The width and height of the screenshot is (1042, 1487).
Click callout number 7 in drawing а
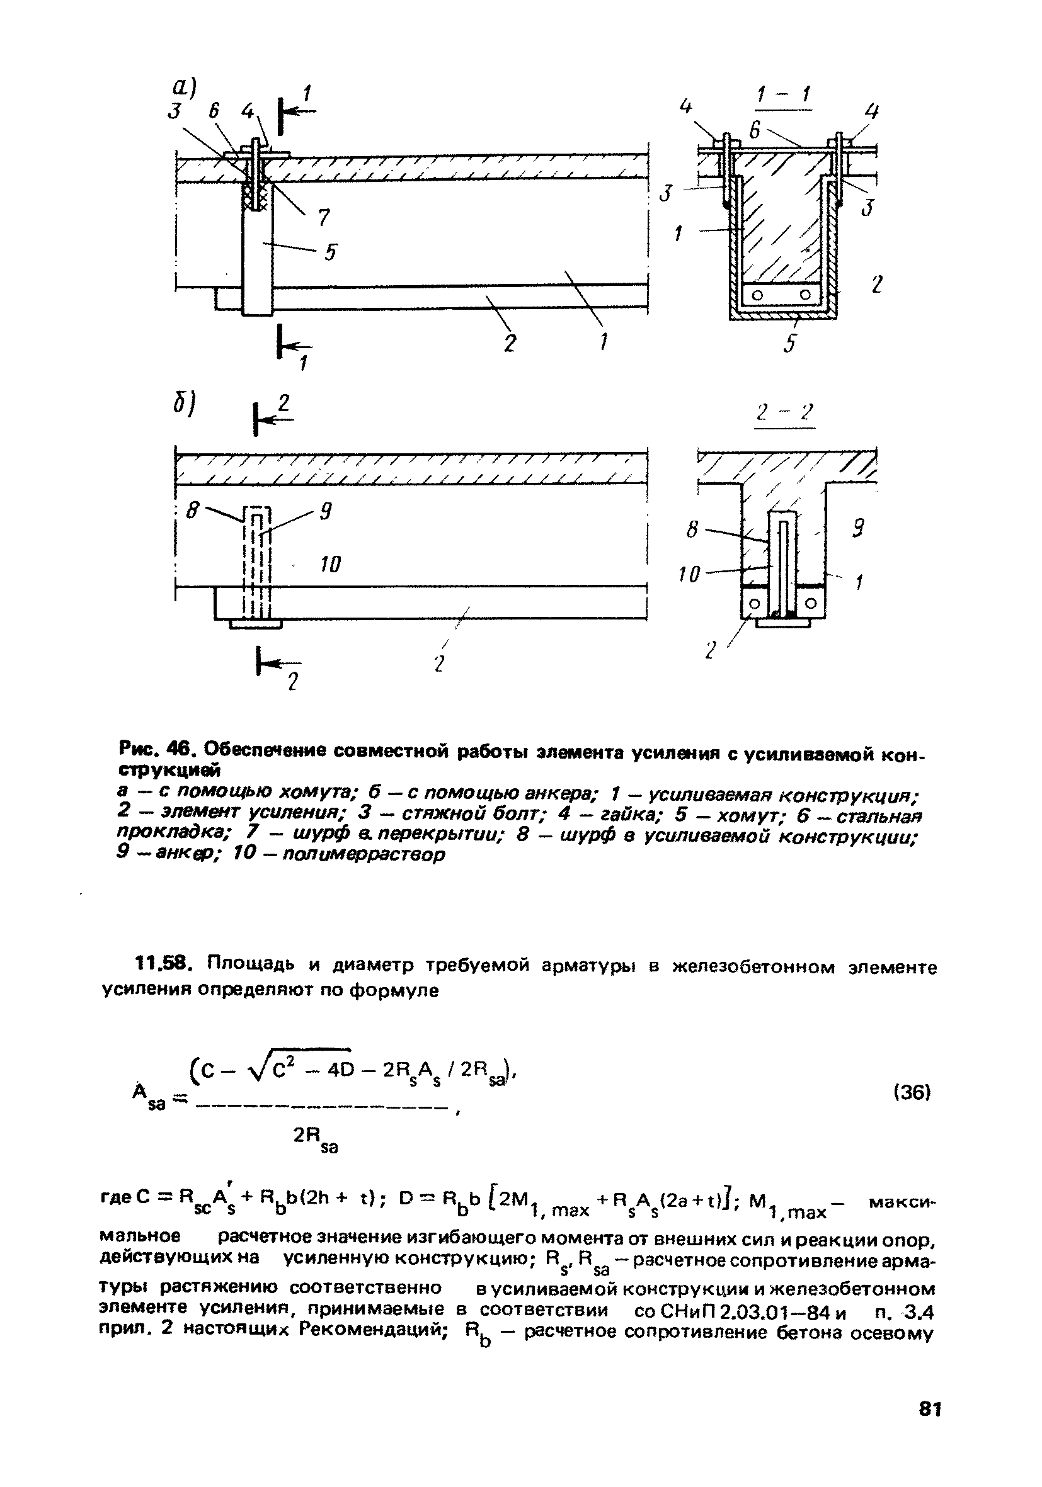pos(322,217)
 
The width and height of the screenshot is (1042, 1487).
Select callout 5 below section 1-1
pos(789,343)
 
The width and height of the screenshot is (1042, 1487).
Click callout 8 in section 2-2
pos(692,530)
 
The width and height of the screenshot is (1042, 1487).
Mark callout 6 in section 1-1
pos(755,130)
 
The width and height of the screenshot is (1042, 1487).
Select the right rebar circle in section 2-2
pos(810,604)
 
